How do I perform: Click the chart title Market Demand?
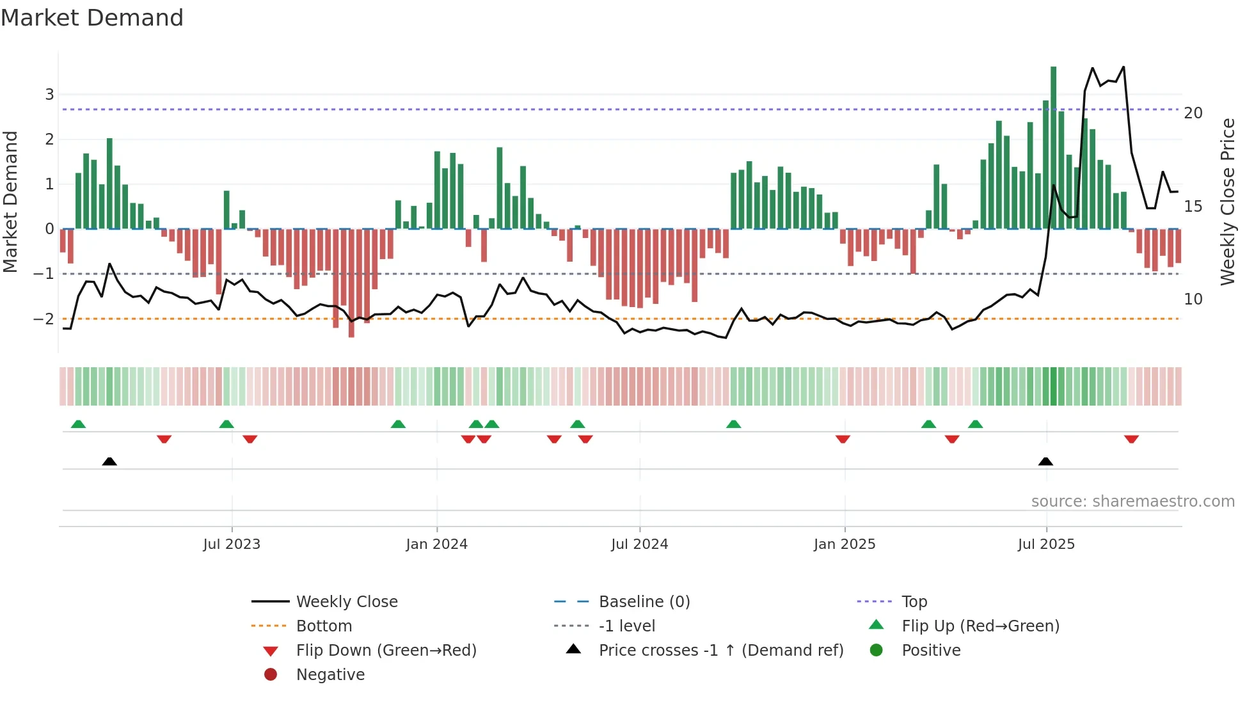92,18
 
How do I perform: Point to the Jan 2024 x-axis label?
436,544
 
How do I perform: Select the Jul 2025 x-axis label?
1046,544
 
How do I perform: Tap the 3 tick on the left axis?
49,95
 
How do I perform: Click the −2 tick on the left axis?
45,319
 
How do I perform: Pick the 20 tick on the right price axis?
1193,113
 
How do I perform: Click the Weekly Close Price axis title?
1227,202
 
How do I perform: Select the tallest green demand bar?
1053,147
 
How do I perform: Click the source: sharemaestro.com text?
1132,502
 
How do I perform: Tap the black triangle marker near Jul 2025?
1045,462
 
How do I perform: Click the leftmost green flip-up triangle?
78,424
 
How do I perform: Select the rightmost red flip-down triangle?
1131,439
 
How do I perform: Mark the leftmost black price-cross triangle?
109,462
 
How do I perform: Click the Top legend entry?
914,602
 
